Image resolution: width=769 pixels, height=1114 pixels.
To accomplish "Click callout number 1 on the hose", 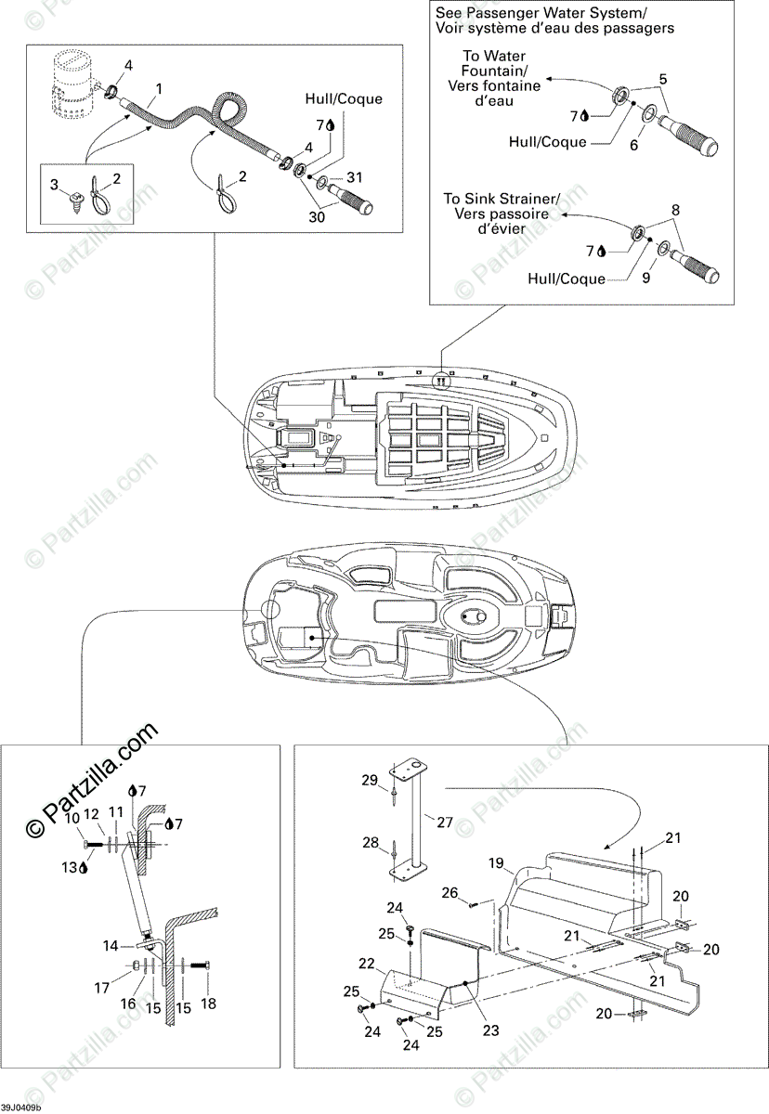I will click(x=159, y=89).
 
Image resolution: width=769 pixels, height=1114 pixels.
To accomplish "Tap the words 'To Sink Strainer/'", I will click(x=501, y=199).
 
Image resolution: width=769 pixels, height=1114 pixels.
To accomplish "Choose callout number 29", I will click(x=369, y=781).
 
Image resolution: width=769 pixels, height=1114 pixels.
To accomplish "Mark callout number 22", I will click(x=367, y=964).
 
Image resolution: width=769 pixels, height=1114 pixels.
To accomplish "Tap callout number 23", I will click(x=491, y=1029).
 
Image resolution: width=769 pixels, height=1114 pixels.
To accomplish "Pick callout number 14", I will click(x=110, y=947).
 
